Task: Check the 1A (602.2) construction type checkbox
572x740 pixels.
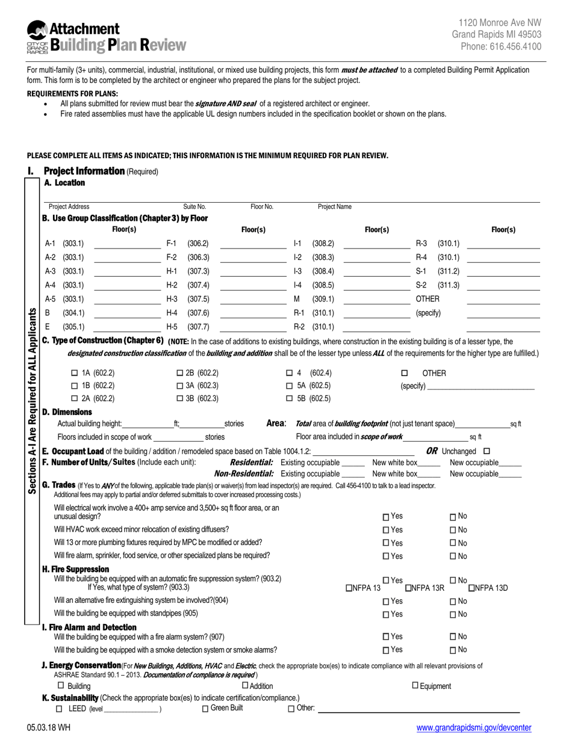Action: click(75, 373)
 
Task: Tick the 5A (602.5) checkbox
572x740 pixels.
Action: click(290, 386)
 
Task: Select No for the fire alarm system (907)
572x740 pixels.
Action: click(453, 637)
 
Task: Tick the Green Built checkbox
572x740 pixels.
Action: click(205, 709)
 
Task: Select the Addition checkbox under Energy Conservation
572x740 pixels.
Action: click(245, 686)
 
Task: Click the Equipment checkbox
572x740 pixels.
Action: click(415, 686)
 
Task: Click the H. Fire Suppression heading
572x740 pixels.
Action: click(75, 569)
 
